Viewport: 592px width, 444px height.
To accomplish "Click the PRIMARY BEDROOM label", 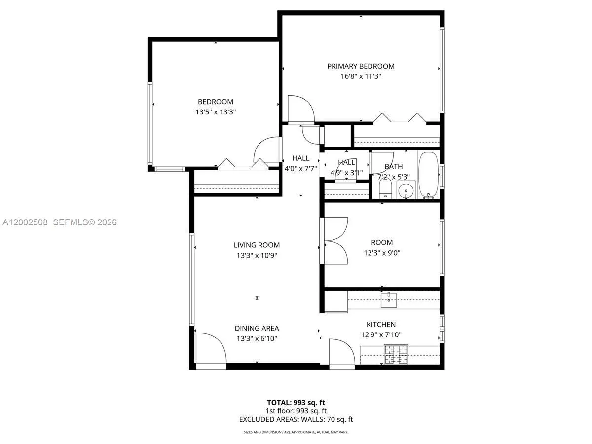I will pos(361,66).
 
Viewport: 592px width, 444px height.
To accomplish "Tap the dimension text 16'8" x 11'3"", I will pos(361,76).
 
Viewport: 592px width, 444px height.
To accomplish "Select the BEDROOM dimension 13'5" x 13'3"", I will pos(216,112).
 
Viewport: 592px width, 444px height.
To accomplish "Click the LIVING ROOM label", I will pos(257,245).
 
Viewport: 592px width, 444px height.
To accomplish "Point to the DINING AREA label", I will pos(257,328).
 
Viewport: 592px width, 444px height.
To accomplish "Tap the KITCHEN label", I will pos(381,324).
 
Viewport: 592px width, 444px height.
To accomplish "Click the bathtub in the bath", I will pos(428,175).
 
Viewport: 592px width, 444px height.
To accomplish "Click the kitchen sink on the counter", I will pos(389,298).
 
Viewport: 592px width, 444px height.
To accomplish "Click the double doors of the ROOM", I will pos(336,242).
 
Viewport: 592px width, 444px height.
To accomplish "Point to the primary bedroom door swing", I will pos(300,109).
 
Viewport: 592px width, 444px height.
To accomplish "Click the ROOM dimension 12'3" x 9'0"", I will pos(382,253).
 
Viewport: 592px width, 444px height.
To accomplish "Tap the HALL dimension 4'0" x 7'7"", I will pos(300,169).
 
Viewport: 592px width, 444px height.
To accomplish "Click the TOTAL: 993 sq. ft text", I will pos(296,402).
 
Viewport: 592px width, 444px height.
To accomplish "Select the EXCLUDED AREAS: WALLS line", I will pos(296,420).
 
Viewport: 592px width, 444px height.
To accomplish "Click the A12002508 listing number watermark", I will pos(25,222).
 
